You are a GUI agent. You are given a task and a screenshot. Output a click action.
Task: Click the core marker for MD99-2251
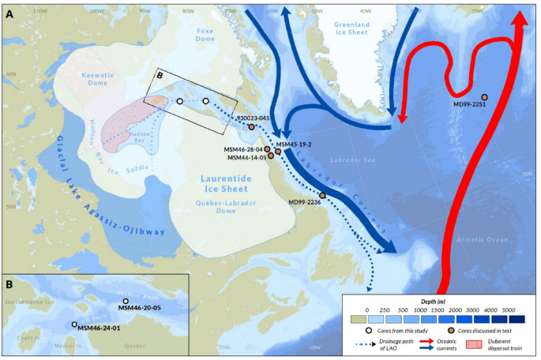pyautogui.click(x=484, y=97)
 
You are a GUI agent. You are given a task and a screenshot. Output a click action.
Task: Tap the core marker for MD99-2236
pyautogui.click(x=322, y=195)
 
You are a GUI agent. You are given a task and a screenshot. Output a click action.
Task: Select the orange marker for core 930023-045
pyautogui.click(x=251, y=126)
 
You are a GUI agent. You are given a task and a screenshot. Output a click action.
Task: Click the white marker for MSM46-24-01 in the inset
pyautogui.click(x=75, y=324)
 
